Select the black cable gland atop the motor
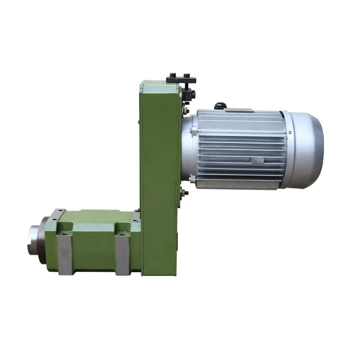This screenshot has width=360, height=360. [x=220, y=106]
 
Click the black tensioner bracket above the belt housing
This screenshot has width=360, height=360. [x=181, y=79]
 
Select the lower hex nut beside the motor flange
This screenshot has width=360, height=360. [x=184, y=193]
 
